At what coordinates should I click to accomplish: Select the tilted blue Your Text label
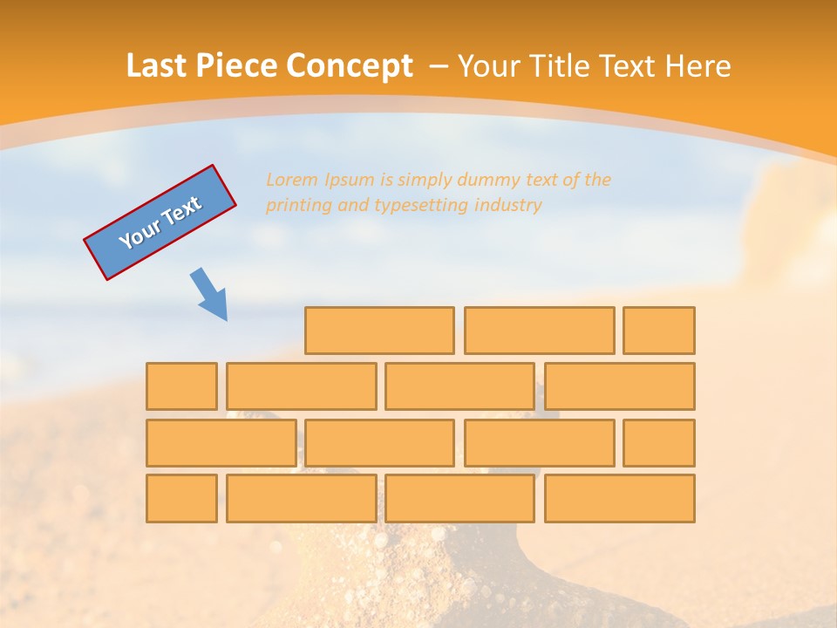pos(160,222)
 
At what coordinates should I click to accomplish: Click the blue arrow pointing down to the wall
pos(209,294)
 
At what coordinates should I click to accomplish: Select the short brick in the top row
pos(659,331)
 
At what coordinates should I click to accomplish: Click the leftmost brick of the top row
pos(379,331)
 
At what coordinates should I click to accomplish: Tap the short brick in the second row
pos(181,386)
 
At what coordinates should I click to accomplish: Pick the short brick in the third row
pos(659,443)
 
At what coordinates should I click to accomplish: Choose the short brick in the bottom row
pos(181,498)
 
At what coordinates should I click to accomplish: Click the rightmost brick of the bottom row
pos(620,498)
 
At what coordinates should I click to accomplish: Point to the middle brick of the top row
pos(539,331)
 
